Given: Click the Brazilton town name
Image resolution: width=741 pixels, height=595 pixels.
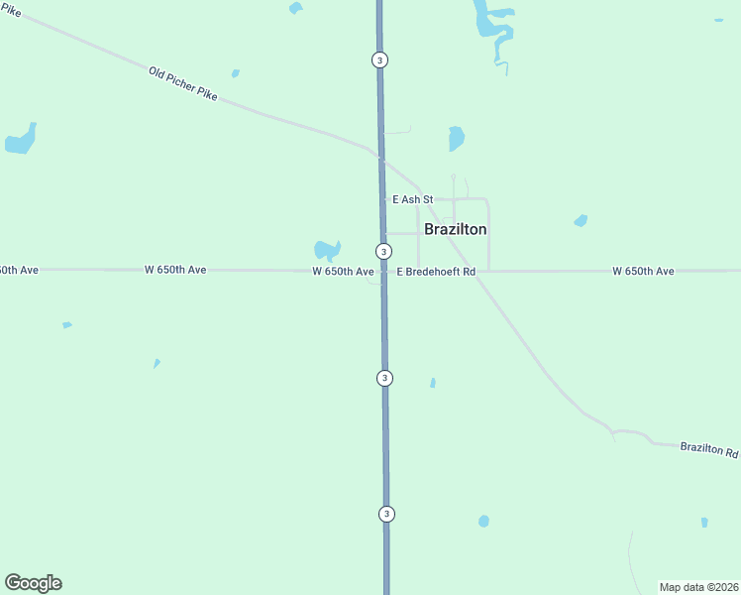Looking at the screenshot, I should (455, 229).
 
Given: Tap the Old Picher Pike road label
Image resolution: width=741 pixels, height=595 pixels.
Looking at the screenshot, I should (183, 85).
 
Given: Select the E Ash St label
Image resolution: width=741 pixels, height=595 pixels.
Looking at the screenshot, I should (412, 199).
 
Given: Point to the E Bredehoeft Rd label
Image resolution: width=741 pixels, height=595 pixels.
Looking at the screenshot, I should (436, 271).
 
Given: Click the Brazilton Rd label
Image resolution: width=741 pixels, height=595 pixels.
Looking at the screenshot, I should (709, 450).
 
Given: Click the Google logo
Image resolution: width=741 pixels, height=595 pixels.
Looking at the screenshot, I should (33, 583).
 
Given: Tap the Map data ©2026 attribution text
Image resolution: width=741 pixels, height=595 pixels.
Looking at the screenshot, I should (698, 587).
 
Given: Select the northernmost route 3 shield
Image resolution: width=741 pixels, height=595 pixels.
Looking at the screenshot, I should (379, 59).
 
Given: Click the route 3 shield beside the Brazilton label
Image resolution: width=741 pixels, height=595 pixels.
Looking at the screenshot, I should (383, 251).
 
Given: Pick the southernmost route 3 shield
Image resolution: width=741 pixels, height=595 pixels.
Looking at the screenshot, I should (386, 513).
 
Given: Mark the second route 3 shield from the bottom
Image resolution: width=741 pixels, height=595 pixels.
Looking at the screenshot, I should (385, 378).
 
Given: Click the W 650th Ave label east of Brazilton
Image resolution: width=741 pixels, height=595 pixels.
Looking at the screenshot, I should (643, 271).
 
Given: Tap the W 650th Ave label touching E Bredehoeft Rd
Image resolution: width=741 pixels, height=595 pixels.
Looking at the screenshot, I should (343, 271).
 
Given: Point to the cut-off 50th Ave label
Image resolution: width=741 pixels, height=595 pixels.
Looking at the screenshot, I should (18, 270).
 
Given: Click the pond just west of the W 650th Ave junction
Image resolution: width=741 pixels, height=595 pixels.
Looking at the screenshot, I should (327, 250).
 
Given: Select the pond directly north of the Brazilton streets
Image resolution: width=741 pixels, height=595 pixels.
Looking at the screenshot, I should (456, 138).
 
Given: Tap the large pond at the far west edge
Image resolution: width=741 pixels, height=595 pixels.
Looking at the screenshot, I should (21, 140).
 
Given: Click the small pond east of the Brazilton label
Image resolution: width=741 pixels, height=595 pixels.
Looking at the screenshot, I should (581, 220).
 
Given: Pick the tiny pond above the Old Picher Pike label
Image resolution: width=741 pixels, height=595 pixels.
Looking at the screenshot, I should (235, 72).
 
